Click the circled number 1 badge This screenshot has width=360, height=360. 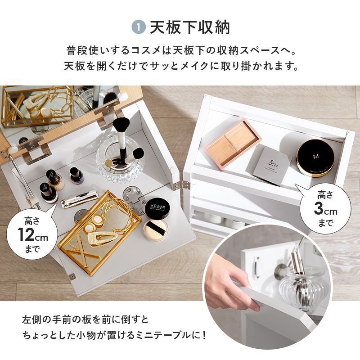coord(139,27)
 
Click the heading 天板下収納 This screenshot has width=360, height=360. coord(189,27)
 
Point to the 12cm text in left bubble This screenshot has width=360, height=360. coord(32,235)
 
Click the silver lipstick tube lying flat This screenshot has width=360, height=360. coord(80,199)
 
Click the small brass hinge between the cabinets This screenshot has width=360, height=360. coord(184,184)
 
